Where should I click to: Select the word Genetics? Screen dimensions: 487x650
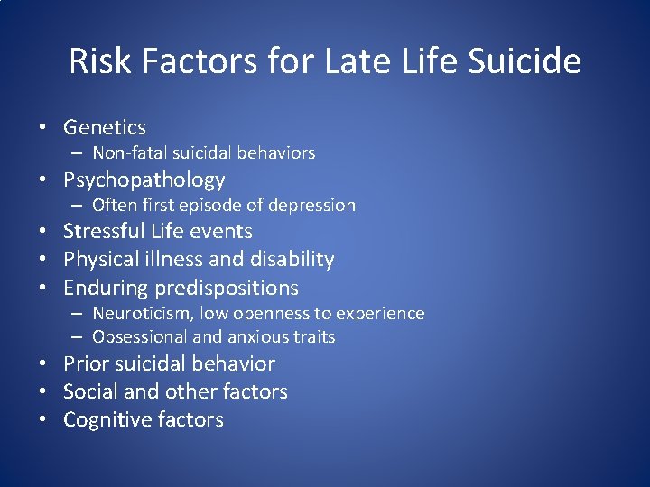pos(104,128)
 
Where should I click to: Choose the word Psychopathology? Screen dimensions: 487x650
pos(144,180)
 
